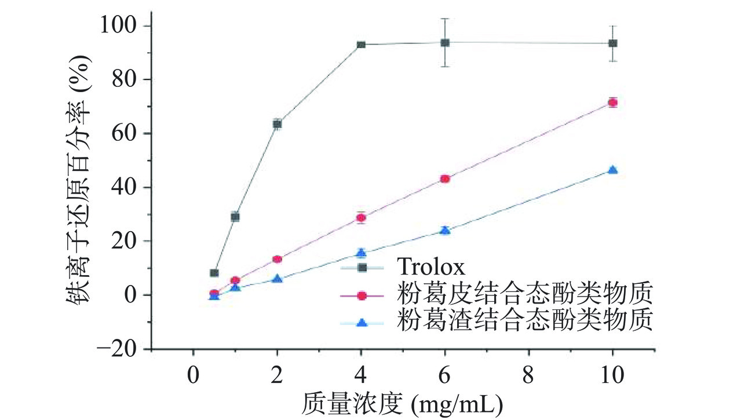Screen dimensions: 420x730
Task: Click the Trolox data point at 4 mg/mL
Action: click(361, 45)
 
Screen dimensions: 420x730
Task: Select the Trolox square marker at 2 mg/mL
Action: click(278, 123)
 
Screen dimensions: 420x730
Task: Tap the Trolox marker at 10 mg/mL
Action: click(612, 43)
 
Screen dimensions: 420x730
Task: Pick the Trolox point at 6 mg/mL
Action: click(445, 42)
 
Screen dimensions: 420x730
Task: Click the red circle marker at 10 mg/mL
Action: click(612, 103)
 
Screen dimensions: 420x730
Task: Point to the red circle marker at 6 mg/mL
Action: click(445, 178)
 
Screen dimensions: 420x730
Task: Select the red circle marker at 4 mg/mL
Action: click(361, 218)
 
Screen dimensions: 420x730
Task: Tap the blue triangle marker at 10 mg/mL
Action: click(612, 170)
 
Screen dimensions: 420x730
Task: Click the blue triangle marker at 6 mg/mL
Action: click(445, 230)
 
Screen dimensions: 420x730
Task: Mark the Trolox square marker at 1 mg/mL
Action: click(235, 217)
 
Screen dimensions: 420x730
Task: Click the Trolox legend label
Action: click(431, 267)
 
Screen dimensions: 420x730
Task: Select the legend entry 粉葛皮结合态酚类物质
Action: click(525, 294)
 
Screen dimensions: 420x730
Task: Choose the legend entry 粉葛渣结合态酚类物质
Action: click(525, 320)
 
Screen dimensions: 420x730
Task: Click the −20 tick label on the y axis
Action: click(116, 349)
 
